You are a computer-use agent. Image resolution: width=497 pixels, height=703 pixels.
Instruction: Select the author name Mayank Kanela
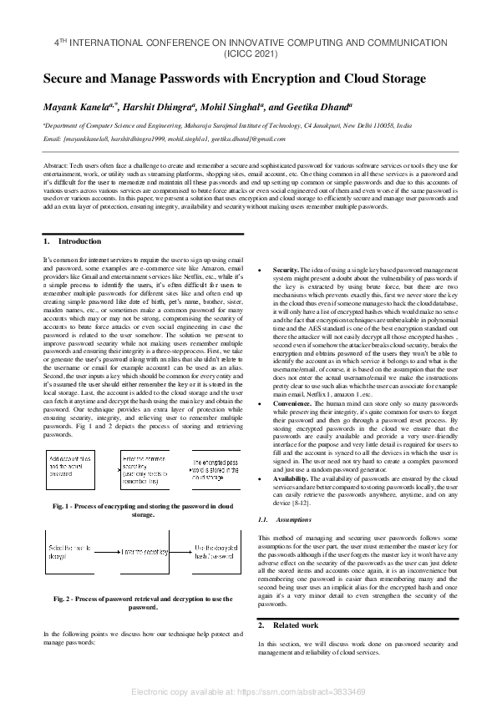coord(79,107)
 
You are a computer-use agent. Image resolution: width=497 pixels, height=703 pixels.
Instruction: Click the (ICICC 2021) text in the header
coord(248,51)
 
